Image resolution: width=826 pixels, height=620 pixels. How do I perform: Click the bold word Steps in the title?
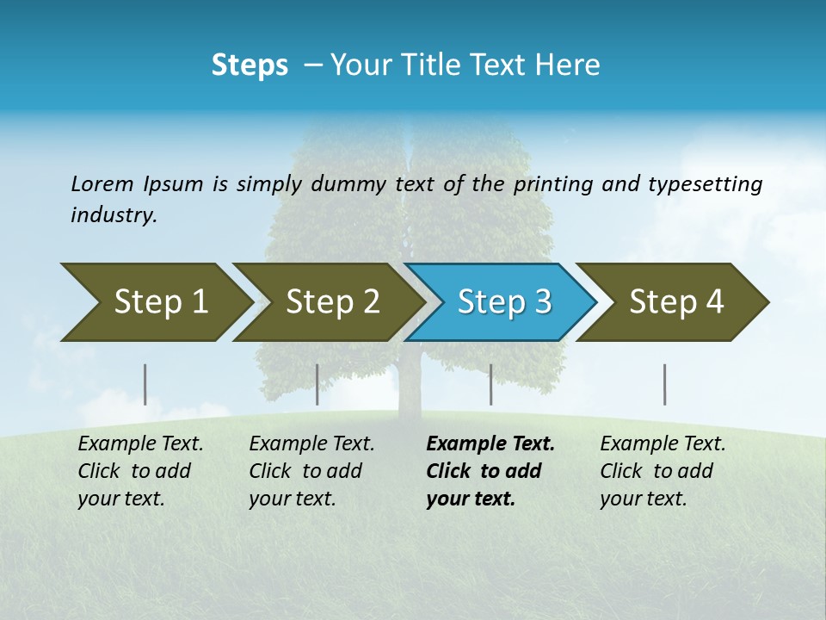pos(250,65)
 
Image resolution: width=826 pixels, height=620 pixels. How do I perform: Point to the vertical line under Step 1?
pos(145,384)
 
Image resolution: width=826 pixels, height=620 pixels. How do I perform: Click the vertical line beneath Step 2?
pos(317,384)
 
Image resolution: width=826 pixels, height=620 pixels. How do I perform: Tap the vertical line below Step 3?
pos(491,384)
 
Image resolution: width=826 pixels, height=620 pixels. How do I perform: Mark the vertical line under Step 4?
pos(665,384)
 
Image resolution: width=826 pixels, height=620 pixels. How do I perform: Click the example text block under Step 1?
pos(140,471)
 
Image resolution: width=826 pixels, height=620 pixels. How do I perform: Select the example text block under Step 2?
pos(311,471)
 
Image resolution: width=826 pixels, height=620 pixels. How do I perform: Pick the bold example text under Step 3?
pos(490,471)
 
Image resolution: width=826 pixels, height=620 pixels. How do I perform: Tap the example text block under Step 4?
pos(663,471)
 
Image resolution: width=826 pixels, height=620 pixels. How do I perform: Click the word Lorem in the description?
pos(102,184)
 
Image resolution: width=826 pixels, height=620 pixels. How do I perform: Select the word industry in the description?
pos(113,215)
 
